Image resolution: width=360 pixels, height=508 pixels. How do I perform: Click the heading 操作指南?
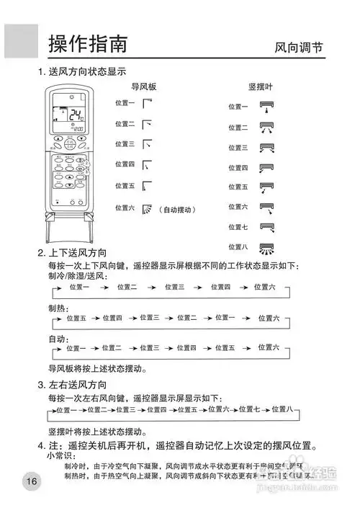tap(88, 44)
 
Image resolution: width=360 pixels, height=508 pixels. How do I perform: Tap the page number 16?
tap(30, 481)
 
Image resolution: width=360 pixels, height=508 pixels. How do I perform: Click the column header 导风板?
tap(143, 86)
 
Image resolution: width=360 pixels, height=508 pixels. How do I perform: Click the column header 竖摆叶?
tap(261, 86)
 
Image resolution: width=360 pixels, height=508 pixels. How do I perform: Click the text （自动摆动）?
tap(177, 209)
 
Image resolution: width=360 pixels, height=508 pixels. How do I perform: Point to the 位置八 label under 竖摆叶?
tap(238, 247)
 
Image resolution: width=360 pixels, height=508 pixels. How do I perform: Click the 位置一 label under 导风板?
tap(125, 103)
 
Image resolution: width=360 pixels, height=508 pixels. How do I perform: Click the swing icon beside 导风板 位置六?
tap(147, 209)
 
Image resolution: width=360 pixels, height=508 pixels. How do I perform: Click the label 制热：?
tap(60, 306)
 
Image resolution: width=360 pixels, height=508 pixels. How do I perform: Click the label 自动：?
tap(60, 338)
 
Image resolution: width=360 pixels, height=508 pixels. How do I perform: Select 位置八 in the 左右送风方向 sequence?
tap(279, 410)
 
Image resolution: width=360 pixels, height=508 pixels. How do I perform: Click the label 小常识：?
tap(62, 455)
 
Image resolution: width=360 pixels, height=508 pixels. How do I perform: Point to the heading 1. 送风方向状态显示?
tap(82, 72)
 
